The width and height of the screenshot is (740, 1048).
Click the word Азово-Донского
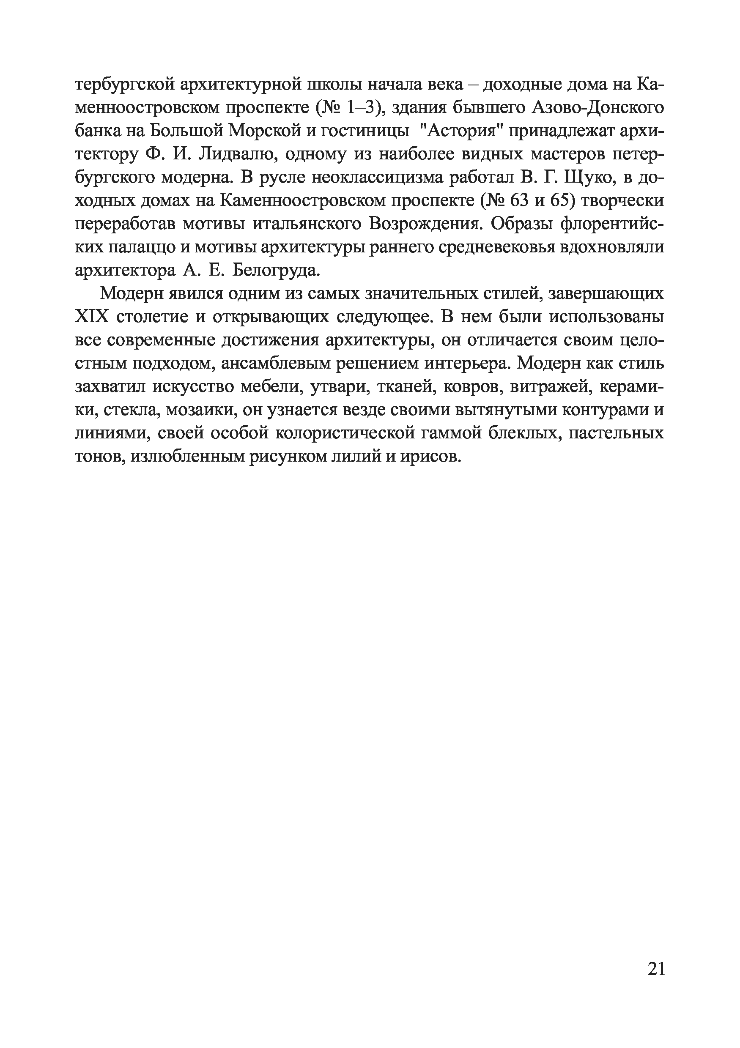pos(597,108)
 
